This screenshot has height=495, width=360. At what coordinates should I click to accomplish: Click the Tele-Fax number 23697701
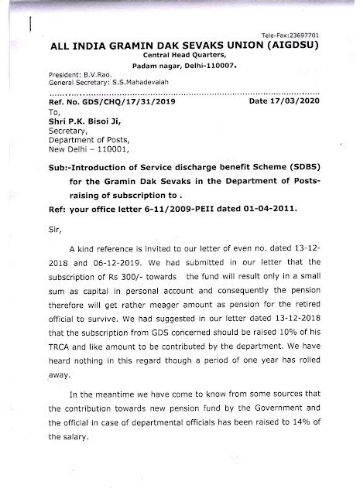(x=303, y=36)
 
